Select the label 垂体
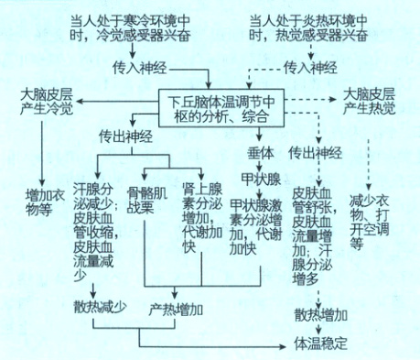[261, 148]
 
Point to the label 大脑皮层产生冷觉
[44, 102]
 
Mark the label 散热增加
[320, 311]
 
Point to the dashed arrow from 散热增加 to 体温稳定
[320, 329]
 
